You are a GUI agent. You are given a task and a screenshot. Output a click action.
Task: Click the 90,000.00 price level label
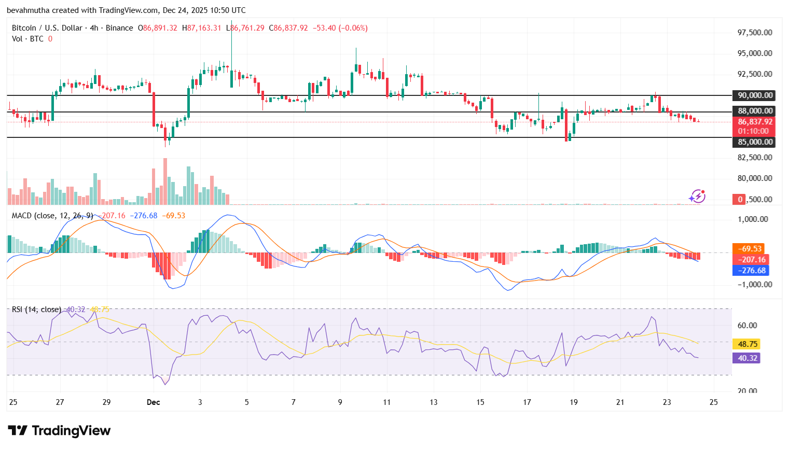coord(755,95)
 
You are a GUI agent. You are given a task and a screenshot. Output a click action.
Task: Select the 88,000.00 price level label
coord(755,111)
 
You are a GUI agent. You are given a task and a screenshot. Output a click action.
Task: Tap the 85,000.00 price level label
coord(755,142)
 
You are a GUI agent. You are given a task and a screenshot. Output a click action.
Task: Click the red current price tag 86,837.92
coord(755,122)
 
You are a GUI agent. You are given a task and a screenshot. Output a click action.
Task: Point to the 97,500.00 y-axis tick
coord(755,33)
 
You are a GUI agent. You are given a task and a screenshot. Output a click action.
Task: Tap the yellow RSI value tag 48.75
coord(747,344)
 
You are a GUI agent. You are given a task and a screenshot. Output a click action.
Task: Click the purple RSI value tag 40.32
coord(747,358)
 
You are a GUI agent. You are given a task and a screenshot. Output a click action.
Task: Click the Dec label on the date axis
coord(153,402)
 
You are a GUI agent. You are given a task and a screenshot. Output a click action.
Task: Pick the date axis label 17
coord(527,402)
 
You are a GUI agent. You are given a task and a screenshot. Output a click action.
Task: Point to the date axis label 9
coord(340,402)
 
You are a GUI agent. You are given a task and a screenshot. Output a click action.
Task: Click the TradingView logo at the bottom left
coord(59,431)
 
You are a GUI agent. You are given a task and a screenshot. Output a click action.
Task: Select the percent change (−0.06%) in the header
coord(353,28)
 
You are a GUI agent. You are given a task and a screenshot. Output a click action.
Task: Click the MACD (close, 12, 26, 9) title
coord(52,216)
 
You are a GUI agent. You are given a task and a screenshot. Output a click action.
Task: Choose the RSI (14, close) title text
coord(36,310)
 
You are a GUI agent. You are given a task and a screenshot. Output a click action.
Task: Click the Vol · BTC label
coord(28,39)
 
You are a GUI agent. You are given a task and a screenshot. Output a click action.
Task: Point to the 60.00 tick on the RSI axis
coord(747,326)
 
